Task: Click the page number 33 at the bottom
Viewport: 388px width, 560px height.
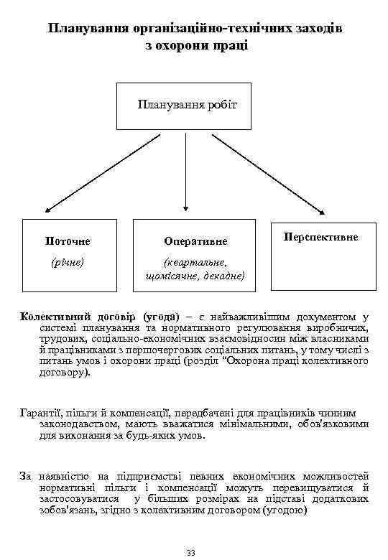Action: tap(190, 551)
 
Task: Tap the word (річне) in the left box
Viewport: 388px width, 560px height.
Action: tap(67, 262)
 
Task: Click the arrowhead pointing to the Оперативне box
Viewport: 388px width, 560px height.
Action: tap(185, 211)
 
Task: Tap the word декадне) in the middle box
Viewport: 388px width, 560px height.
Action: tap(222, 276)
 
